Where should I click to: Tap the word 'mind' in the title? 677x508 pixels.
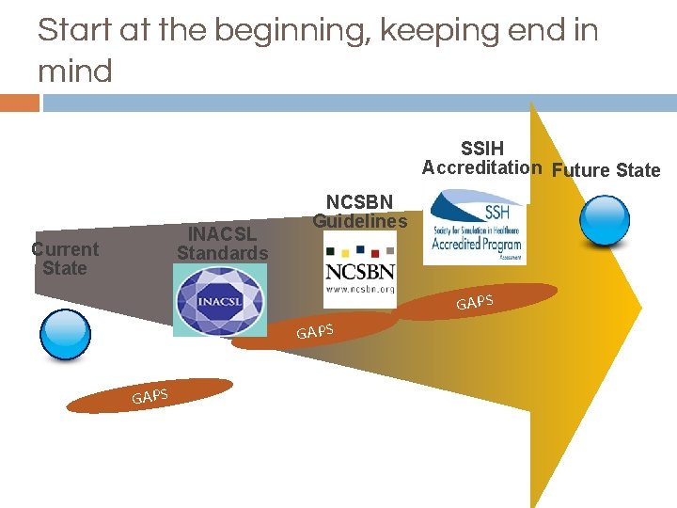[75, 71]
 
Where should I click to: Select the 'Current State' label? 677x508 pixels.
[64, 259]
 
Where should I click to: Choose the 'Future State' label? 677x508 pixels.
[606, 170]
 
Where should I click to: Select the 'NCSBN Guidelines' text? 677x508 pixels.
[360, 212]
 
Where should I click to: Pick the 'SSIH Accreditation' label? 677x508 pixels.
[481, 158]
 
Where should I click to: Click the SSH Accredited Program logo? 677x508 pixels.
[476, 228]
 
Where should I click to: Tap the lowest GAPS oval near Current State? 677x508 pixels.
[150, 396]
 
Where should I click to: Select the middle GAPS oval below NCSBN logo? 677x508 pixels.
[315, 330]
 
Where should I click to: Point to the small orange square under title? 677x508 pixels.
[19, 103]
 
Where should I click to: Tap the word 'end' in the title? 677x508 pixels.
[526, 32]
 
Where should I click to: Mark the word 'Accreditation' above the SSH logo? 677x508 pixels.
[481, 168]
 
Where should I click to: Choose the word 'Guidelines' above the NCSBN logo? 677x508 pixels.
[360, 222]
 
